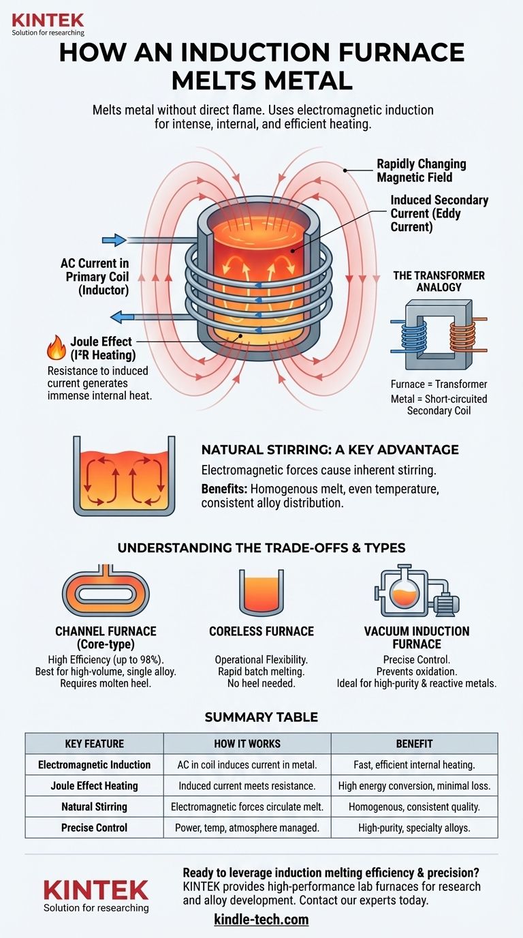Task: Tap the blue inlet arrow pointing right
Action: [x=114, y=239]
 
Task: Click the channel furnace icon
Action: [x=105, y=591]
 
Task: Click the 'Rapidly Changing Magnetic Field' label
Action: [x=421, y=170]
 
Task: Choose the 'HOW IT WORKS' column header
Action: [x=247, y=744]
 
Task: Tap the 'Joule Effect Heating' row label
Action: [x=94, y=785]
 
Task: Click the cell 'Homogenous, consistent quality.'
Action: [x=414, y=806]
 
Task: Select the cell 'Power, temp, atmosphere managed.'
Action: [x=247, y=828]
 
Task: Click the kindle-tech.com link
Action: [x=261, y=920]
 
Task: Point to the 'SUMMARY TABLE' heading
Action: [x=261, y=717]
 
